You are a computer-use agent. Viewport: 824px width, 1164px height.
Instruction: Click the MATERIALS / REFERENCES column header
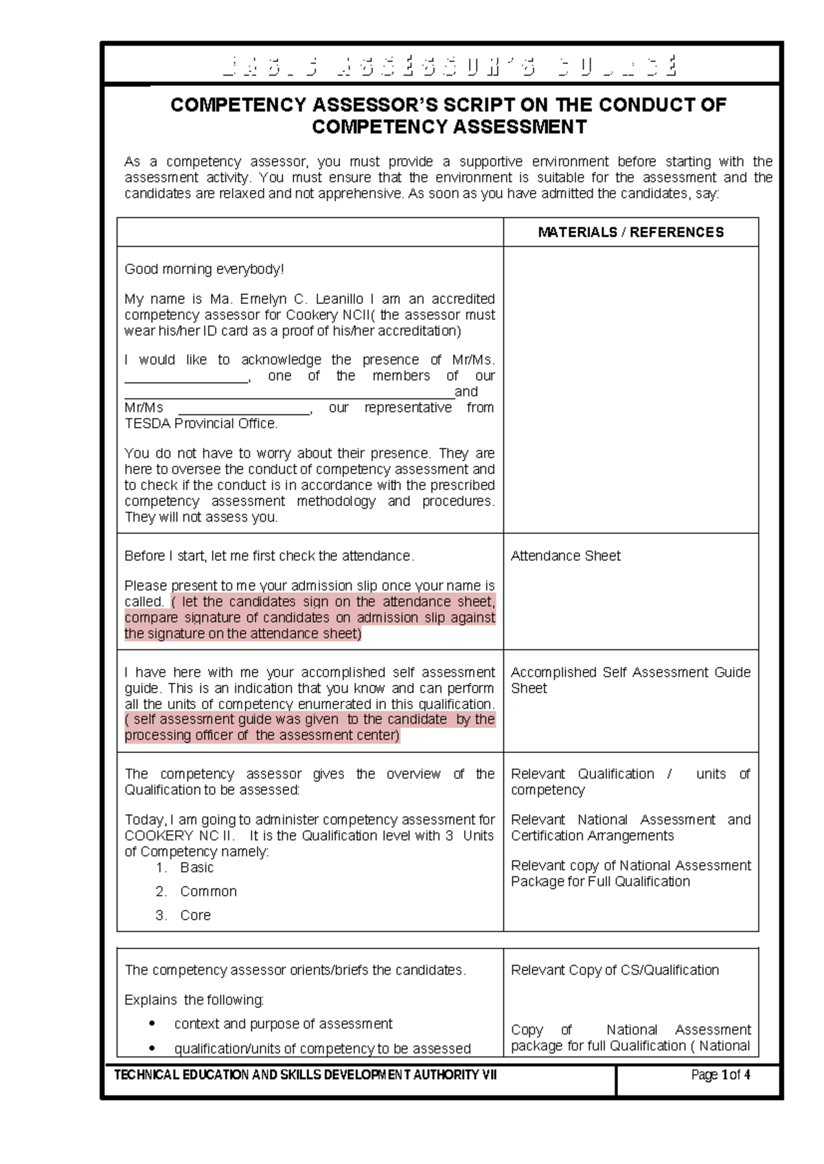pyautogui.click(x=630, y=233)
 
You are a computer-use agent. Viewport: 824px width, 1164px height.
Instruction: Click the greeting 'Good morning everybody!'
pyautogui.click(x=204, y=270)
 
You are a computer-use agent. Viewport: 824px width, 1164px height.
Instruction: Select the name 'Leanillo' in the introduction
pyautogui.click(x=339, y=299)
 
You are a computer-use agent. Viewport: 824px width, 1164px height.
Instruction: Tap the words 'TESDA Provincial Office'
pyautogui.click(x=200, y=424)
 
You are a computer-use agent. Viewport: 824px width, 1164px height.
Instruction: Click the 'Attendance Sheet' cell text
pyautogui.click(x=565, y=556)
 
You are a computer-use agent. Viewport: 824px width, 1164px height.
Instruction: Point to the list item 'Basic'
pyautogui.click(x=196, y=868)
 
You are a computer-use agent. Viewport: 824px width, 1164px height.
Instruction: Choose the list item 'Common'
pyautogui.click(x=208, y=892)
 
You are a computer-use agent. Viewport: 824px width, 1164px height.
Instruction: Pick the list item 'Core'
pyautogui.click(x=195, y=916)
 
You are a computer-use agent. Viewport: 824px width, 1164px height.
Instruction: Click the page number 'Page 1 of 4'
pyautogui.click(x=720, y=1075)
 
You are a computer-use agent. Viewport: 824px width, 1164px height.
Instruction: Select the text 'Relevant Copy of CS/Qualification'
pyautogui.click(x=615, y=970)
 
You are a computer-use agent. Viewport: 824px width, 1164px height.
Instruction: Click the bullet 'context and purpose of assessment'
pyautogui.click(x=283, y=1024)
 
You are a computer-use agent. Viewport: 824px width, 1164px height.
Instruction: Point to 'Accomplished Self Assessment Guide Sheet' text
pyautogui.click(x=630, y=680)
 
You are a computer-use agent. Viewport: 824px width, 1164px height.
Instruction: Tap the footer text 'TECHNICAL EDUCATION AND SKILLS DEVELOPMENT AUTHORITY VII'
pyautogui.click(x=305, y=1075)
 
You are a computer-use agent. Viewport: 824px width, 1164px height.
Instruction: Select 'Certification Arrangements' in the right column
pyautogui.click(x=592, y=836)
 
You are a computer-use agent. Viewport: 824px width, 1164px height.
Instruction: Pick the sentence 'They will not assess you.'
pyautogui.click(x=201, y=517)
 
